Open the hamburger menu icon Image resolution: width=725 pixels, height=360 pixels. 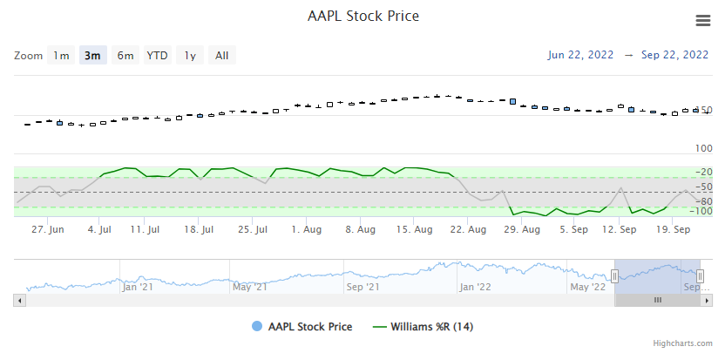[x=703, y=21]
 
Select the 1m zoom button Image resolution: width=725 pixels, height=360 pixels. [x=61, y=56]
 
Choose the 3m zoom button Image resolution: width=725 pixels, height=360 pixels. [x=91, y=56]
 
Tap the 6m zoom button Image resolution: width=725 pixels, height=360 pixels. [x=125, y=56]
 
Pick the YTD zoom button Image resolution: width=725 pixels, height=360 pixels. [x=157, y=56]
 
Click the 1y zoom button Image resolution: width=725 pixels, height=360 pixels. [x=190, y=56]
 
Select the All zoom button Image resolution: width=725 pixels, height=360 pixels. [x=222, y=56]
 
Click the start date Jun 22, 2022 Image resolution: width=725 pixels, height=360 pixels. [x=579, y=54]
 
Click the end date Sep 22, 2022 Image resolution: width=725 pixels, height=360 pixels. [x=674, y=54]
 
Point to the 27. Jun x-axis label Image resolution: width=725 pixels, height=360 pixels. [x=48, y=230]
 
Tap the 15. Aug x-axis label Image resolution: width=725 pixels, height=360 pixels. [x=415, y=230]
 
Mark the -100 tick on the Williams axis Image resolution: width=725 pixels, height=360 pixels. [x=701, y=211]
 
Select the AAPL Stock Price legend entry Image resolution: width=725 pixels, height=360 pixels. [x=308, y=327]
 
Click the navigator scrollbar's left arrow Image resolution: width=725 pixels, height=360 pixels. [x=19, y=300]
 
